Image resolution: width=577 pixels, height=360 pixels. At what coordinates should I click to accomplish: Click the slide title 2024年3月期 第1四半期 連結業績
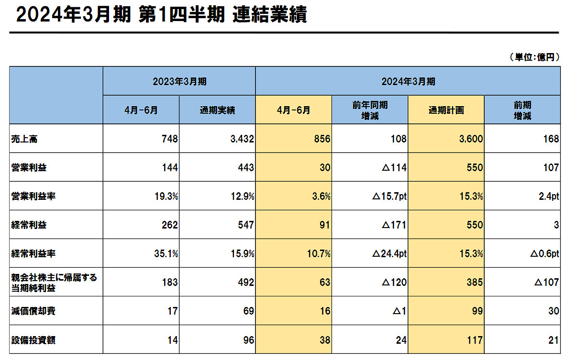tap(161, 15)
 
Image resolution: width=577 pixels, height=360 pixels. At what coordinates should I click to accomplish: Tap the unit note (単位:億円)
tap(534, 57)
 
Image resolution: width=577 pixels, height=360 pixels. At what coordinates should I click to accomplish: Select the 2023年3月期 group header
tap(179, 81)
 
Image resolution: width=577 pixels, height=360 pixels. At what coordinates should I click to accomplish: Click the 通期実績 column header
tap(217, 110)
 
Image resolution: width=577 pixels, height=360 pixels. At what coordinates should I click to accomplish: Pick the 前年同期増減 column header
tap(370, 110)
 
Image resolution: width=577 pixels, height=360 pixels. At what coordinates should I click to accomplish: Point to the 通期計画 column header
tap(446, 110)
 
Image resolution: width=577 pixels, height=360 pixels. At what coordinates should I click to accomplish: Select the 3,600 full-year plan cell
tap(470, 139)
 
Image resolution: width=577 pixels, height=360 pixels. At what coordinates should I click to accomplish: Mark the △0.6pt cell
tap(544, 254)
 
